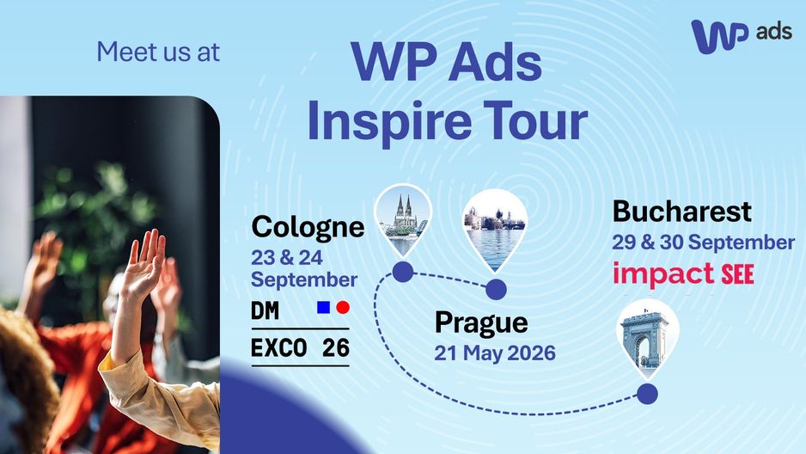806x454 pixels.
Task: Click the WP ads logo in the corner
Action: coord(741,35)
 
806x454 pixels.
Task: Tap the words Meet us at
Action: coord(158,52)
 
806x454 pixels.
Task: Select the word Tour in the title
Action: coord(535,121)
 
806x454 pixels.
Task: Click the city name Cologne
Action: coord(308,227)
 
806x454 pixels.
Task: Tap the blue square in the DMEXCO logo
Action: coord(323,308)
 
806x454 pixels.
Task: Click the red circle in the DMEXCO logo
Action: coord(343,308)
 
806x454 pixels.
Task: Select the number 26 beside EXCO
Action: coord(336,348)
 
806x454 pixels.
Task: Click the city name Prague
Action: coord(481,323)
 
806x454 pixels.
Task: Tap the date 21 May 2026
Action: coord(495,353)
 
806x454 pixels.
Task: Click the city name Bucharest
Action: coord(681,212)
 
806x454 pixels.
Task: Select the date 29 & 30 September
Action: coord(703,242)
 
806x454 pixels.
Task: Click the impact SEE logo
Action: coord(683,274)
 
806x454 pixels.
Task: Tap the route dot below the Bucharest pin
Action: coord(647,394)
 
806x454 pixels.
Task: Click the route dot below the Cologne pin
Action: coord(403,272)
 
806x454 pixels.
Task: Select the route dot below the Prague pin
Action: coord(496,290)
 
